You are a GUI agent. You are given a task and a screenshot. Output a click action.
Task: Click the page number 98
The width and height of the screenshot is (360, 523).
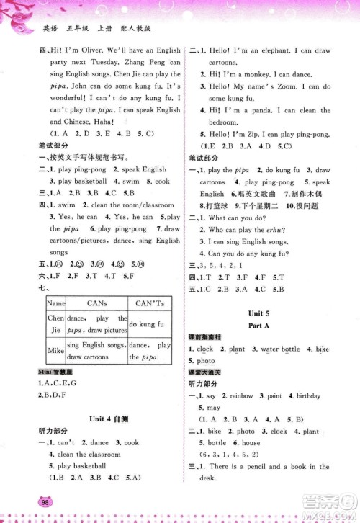[x=47, y=501]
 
